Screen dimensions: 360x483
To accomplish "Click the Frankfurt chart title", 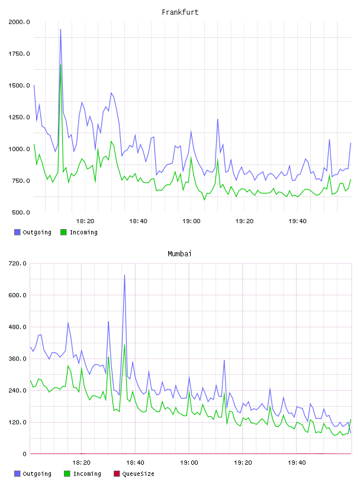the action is pos(180,12).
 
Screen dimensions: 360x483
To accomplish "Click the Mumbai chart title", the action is pos(179,254).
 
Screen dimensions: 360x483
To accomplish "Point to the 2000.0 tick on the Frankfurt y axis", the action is pos(19,22).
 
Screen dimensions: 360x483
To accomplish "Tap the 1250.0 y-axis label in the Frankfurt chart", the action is pos(19,117).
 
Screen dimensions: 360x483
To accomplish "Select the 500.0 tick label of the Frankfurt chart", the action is pos(21,212).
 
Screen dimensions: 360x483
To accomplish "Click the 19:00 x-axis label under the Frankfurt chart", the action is pos(191,221).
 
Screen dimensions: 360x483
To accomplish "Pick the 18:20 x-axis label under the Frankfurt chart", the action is pos(85,221).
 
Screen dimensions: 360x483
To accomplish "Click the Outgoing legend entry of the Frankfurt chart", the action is pos(33,232).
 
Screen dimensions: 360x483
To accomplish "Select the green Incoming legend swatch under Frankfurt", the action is pos(63,232).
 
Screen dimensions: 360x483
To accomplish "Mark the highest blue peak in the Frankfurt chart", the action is pos(60,30).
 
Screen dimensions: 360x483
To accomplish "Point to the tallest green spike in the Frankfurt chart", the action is pos(61,65).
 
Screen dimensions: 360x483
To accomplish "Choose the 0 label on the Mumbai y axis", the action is pos(25,454).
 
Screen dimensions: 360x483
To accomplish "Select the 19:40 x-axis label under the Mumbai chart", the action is pos(297,463).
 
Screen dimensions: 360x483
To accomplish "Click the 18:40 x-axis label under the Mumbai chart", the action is pos(135,463).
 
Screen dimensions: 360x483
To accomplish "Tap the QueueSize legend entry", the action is pos(134,474).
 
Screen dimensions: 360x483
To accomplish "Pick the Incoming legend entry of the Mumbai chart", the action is pos(83,474).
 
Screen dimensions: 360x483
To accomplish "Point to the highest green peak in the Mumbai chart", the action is pos(124,345).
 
